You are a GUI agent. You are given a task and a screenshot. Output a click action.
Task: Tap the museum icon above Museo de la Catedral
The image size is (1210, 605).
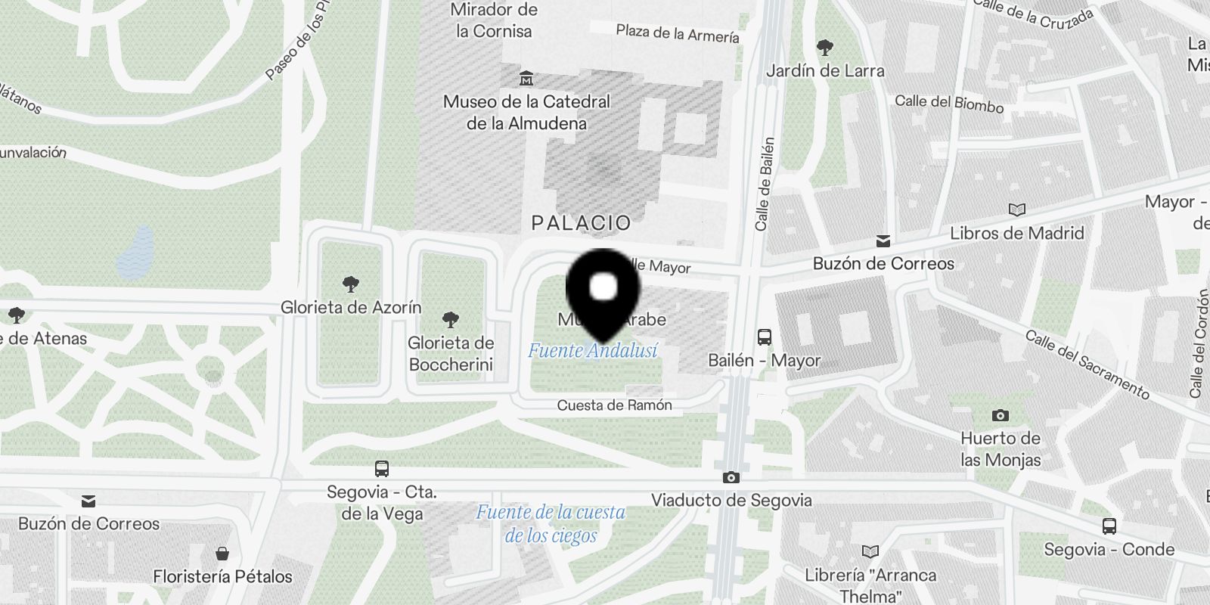[x=526, y=78]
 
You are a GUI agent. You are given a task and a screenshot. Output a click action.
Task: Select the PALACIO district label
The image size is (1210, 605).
[x=581, y=223]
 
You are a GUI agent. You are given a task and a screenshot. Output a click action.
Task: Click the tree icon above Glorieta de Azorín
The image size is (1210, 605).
[x=350, y=284]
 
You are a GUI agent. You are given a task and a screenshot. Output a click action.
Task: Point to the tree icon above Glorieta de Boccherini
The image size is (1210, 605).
[x=451, y=320]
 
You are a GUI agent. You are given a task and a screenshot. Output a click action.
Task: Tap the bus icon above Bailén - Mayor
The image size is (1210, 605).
[x=764, y=337]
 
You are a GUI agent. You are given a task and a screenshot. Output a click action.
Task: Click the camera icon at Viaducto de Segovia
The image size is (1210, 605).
[x=731, y=477]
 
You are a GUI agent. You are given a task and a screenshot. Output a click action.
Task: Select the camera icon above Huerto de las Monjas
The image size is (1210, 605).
[x=1000, y=415]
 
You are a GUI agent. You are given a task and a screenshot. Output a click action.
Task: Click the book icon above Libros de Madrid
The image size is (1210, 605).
[x=1017, y=209]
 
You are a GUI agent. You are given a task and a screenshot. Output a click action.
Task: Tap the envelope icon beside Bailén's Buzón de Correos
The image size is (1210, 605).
[x=883, y=241]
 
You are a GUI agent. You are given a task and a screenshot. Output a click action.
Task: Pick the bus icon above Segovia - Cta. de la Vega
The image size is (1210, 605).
[x=382, y=469]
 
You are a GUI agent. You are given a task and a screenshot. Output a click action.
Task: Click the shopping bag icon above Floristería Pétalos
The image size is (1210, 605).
[x=222, y=554]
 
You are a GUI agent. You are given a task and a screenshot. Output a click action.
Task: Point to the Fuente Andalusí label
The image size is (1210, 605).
[x=592, y=351]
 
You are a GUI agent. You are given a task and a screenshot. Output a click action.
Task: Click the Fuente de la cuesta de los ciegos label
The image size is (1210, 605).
[x=551, y=523]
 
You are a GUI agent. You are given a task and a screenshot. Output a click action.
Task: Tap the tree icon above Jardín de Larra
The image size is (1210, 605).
[x=825, y=48]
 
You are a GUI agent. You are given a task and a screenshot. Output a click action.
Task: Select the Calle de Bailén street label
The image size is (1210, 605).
[x=765, y=184]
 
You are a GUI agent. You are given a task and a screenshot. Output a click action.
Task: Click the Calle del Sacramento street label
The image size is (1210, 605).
[x=1087, y=364]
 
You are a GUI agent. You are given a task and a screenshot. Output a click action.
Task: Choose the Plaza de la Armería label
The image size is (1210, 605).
[x=677, y=33]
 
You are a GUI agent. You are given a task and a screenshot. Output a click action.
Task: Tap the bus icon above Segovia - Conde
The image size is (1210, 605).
[x=1109, y=526]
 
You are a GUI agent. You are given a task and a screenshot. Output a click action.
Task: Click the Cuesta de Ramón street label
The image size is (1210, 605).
[x=614, y=405]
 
